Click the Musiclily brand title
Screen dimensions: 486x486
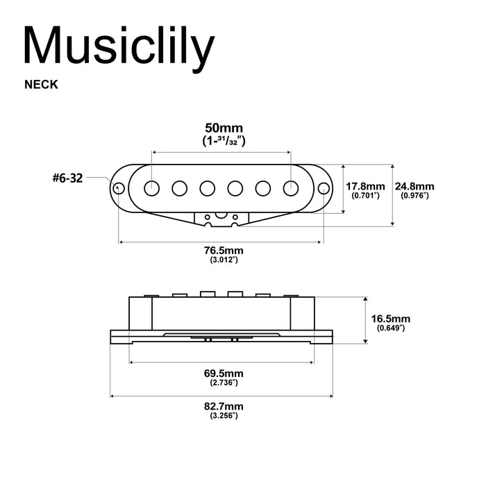click(119, 47)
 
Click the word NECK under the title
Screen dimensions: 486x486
click(41, 85)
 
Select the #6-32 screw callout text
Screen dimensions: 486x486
click(67, 178)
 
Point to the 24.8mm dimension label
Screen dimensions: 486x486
click(414, 186)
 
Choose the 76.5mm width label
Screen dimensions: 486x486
click(224, 250)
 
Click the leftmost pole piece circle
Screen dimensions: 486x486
click(152, 187)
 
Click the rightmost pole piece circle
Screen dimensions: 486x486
click(291, 187)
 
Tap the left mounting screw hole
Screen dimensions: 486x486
click(119, 187)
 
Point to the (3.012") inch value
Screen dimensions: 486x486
click(224, 260)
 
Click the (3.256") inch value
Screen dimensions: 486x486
click(224, 415)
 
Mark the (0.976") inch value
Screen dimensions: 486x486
click(414, 196)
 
